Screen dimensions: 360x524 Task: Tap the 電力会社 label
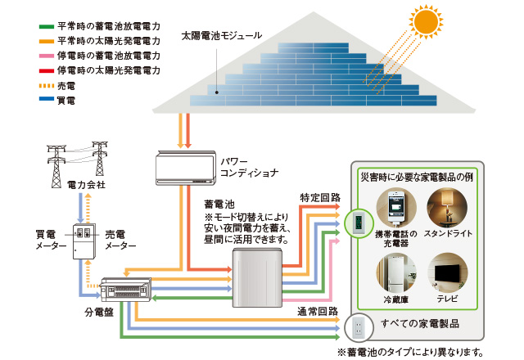pyautogui.click(x=84, y=187)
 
